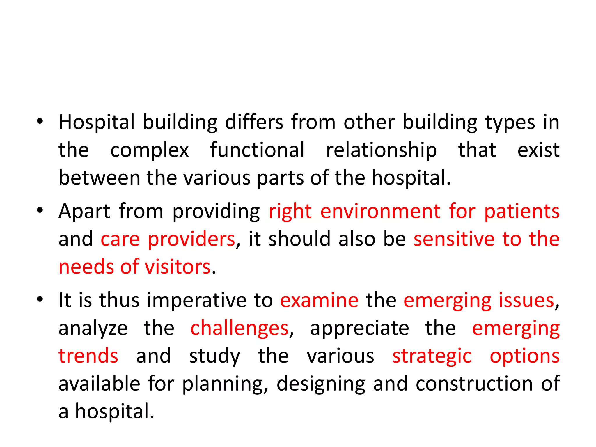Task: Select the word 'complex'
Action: tap(150, 150)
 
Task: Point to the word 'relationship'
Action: tap(381, 150)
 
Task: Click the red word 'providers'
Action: tap(191, 239)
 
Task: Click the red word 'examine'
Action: tap(319, 300)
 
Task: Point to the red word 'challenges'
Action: tap(239, 328)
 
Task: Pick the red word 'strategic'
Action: tap(432, 356)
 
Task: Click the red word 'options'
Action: tap(524, 356)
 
